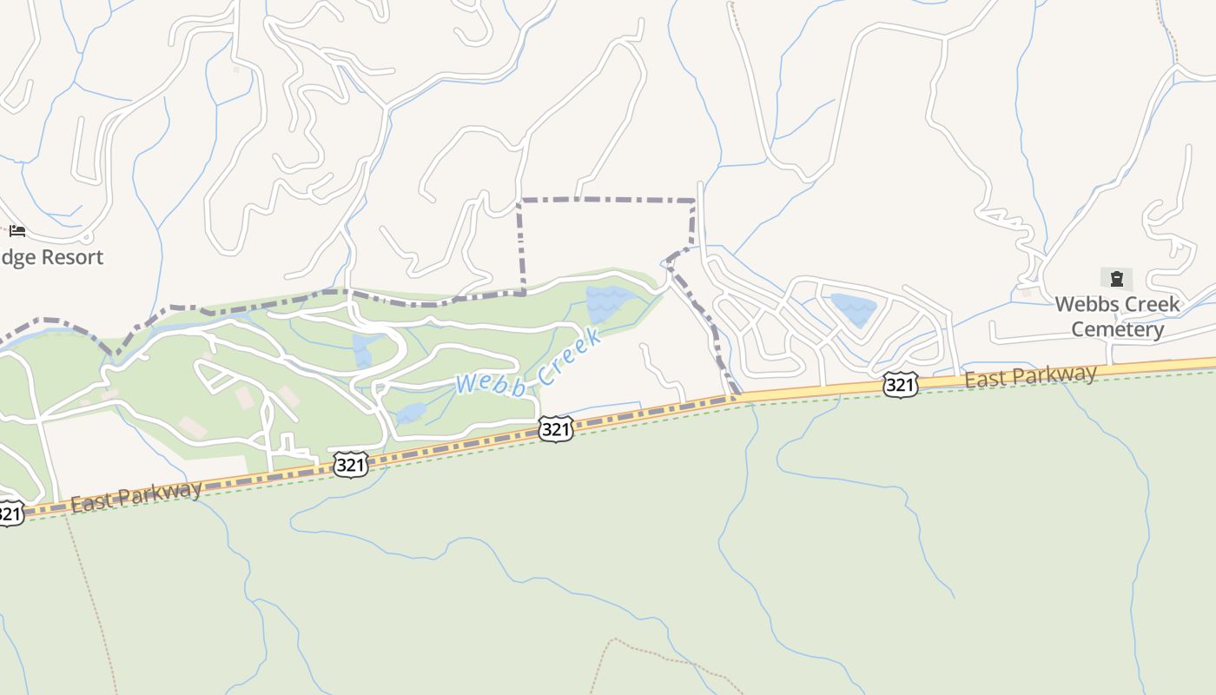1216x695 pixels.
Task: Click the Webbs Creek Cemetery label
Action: point(1117,316)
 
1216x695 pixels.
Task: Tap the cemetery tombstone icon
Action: point(1116,279)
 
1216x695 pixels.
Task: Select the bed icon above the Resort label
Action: point(17,231)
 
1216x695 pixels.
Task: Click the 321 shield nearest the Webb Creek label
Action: point(555,428)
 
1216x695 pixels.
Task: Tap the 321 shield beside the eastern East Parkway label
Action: point(900,385)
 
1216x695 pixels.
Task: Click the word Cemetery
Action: point(1117,329)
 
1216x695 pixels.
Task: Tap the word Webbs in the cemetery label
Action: point(1087,304)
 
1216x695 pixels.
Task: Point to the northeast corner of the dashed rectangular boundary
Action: point(694,201)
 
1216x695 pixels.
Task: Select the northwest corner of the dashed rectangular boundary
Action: point(519,201)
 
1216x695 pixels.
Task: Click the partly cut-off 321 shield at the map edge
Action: point(9,513)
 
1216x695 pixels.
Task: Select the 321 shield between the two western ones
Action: point(350,465)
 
